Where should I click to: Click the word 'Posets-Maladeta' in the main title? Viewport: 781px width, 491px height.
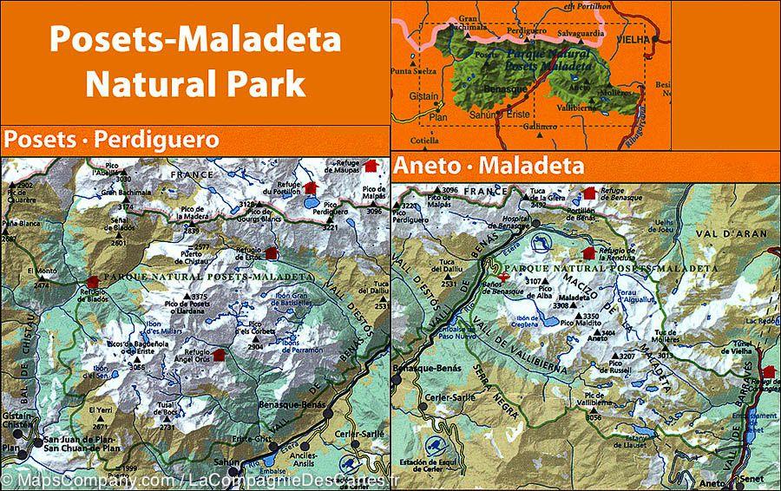[195, 40]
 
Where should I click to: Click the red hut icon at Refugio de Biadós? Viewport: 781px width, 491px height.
[93, 281]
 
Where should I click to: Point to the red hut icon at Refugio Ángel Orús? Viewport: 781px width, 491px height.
[217, 354]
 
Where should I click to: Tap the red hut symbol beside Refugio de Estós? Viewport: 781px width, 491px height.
[271, 253]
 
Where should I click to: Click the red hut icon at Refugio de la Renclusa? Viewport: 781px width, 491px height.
[588, 252]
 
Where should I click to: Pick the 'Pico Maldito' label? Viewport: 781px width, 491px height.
[579, 324]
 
